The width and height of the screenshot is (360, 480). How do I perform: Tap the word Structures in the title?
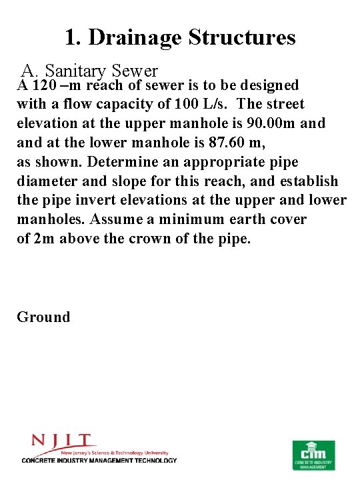click(x=243, y=37)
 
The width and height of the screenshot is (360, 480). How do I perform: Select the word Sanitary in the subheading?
click(x=73, y=70)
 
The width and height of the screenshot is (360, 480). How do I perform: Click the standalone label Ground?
click(x=43, y=317)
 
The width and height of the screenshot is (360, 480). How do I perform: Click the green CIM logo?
click(x=314, y=455)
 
